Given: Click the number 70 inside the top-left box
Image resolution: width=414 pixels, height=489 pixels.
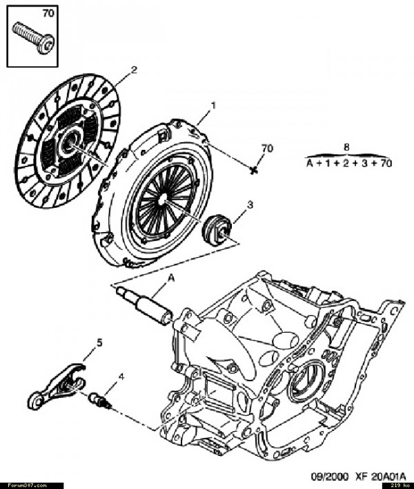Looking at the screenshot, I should (x=48, y=13).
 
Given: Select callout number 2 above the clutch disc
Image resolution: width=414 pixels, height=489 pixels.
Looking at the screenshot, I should (x=134, y=69).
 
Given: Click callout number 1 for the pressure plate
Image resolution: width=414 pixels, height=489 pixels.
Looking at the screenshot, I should (x=213, y=106).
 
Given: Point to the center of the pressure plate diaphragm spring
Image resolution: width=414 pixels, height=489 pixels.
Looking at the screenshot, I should (x=162, y=198).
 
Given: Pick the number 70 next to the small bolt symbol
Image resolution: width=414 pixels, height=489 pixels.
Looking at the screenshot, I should (x=267, y=148).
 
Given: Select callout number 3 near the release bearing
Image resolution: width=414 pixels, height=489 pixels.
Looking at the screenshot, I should (x=250, y=206).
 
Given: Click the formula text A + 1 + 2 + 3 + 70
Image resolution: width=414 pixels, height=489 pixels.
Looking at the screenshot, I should (x=348, y=163).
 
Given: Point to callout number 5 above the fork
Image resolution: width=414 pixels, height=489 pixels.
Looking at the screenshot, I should (x=99, y=342).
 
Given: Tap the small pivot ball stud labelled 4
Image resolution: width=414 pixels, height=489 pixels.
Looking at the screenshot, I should (x=100, y=399).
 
